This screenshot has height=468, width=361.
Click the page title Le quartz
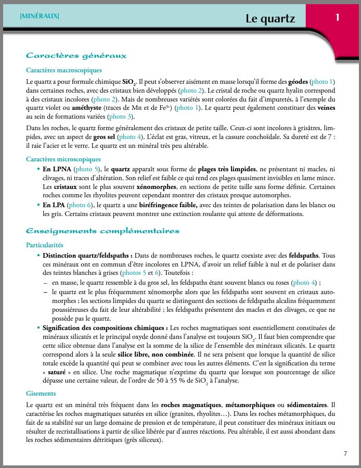tap(270, 19)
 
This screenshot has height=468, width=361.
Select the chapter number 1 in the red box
tap(338, 18)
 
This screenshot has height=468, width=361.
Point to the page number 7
tap(345, 453)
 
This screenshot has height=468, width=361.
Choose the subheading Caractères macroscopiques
tap(63, 70)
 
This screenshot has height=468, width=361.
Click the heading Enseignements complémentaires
tap(102, 231)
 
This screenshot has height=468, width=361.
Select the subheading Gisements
tap(41, 393)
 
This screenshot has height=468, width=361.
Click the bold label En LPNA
tap(57, 169)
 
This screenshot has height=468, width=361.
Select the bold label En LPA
tap(55, 205)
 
